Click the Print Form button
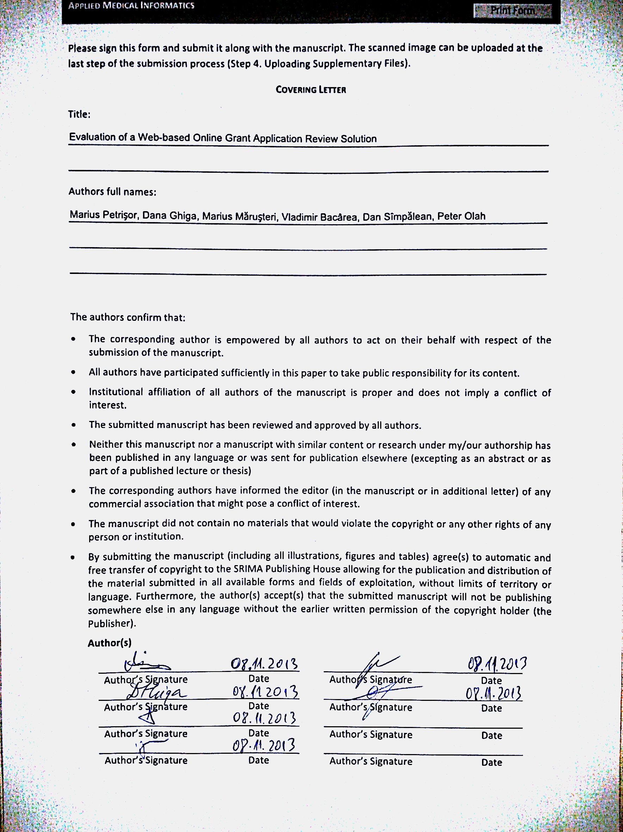[x=512, y=11]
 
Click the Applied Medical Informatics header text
[x=131, y=6]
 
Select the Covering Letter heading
[x=310, y=90]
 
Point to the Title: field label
[x=79, y=114]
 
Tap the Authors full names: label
[x=112, y=192]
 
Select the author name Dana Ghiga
[x=169, y=215]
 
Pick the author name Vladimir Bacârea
[x=319, y=217]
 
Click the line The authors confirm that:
[x=128, y=317]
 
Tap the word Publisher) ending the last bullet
[x=112, y=623]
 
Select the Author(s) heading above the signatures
[x=109, y=643]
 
